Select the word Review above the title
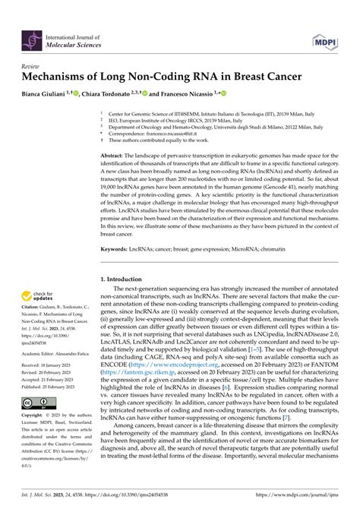click(33, 66)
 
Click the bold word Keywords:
click(116, 248)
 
